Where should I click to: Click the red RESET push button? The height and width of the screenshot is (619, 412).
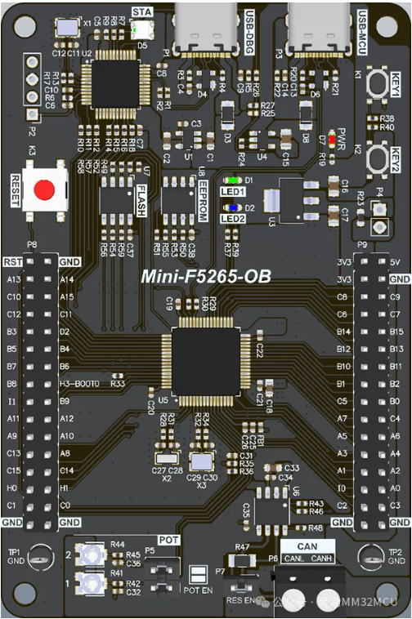(44, 189)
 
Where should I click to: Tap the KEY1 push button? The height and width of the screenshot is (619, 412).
(377, 83)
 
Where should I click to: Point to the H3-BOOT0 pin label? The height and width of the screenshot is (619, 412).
(79, 383)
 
